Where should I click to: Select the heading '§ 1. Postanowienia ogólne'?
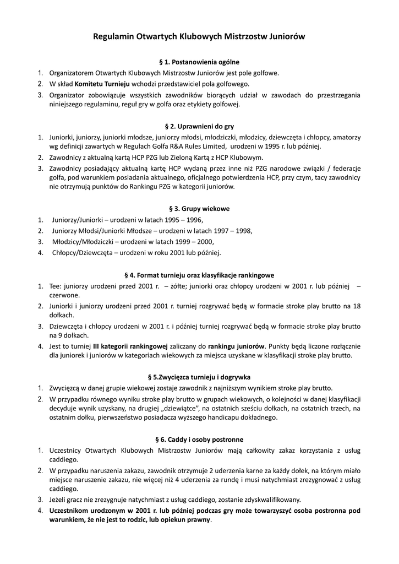point(199,62)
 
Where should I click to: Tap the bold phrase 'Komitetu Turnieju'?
point(102,84)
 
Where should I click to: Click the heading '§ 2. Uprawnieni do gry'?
point(199,126)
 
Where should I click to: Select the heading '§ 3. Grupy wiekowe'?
point(199,209)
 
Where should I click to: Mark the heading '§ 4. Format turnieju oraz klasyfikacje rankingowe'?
point(199,275)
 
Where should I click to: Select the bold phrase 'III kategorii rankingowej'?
point(130,346)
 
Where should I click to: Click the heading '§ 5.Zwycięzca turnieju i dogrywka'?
point(199,377)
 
